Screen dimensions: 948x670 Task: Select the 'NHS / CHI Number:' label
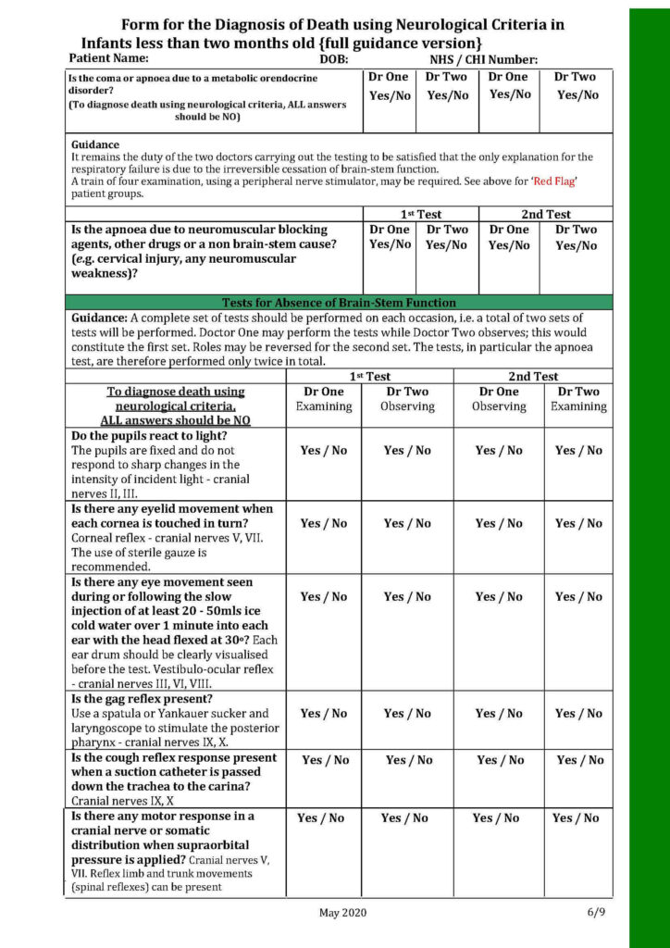483,59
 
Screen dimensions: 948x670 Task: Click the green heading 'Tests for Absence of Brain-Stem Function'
339,303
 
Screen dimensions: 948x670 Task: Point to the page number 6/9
596,913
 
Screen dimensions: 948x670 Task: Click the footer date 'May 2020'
342,913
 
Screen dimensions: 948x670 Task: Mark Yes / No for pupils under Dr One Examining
324,451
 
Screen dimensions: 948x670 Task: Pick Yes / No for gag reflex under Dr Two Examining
578,714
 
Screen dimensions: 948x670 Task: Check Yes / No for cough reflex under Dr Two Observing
409,760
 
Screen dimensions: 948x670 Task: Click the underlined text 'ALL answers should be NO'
175,420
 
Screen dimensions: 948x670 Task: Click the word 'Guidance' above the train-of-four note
95,145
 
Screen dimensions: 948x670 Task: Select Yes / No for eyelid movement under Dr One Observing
499,524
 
